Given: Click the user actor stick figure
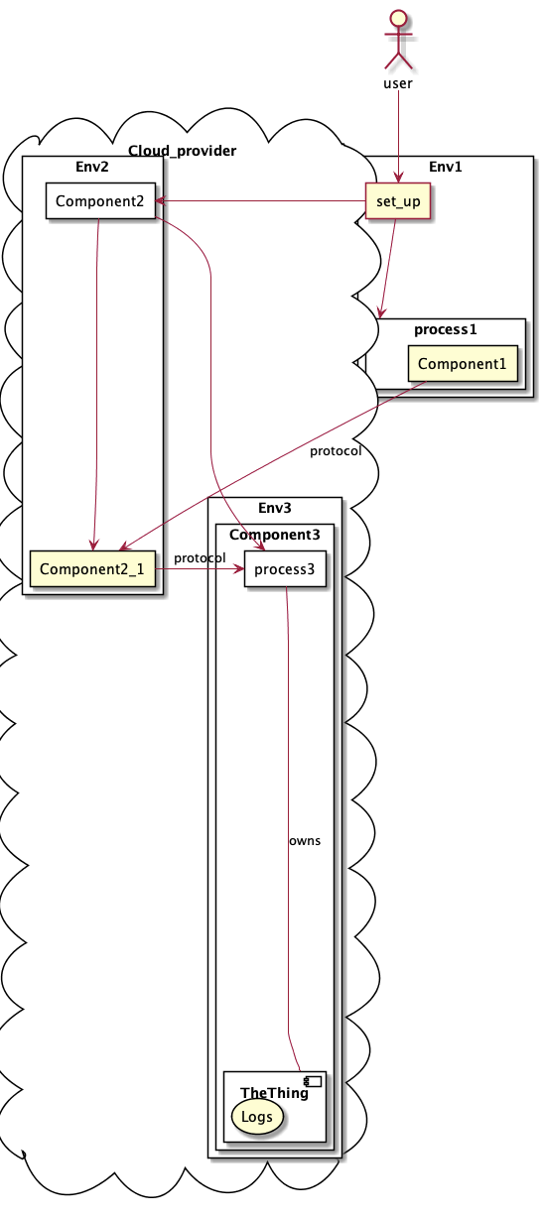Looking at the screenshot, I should pos(397,38).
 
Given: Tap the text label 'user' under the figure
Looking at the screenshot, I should pos(397,83).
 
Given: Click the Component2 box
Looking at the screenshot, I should pos(100,201).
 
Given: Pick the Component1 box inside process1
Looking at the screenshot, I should pos(462,364).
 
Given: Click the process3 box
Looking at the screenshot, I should pos(284,569).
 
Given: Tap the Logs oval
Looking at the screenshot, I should pos(257,1117).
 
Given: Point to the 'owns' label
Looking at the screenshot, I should pos(305,840).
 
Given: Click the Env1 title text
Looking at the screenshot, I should pos(446,166).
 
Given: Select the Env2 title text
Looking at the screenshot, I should pos(92,165).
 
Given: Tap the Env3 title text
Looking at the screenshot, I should pos(274,507).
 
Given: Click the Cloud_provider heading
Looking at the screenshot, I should pos(182,151).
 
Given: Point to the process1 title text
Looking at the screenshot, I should pos(446,328).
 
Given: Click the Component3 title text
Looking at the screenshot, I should pos(274,535).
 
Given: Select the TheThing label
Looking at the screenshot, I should pos(273,1093).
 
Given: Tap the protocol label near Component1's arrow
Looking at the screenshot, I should pos(336,451).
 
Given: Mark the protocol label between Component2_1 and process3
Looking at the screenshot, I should pos(200,558).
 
